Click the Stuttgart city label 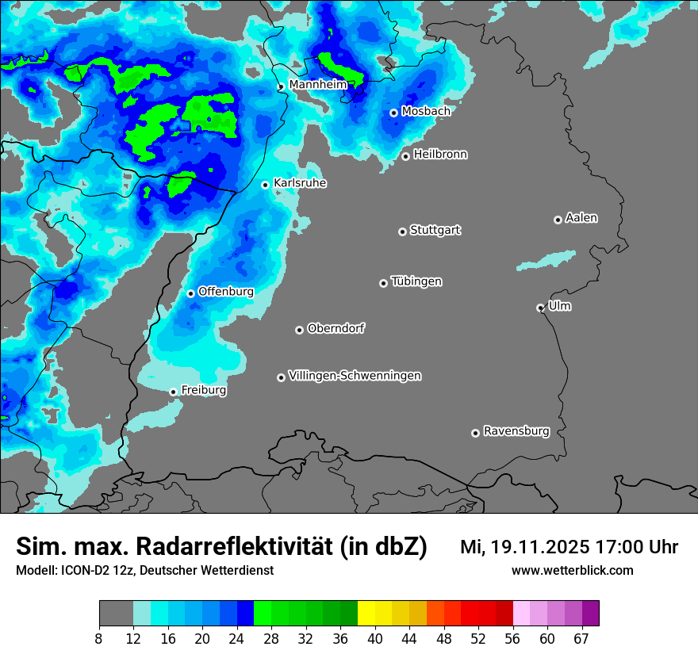(x=435, y=230)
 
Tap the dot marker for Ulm (x=540, y=308)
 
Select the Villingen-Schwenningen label (x=355, y=376)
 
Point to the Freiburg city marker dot (x=173, y=392)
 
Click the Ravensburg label (x=516, y=431)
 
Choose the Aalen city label (x=581, y=218)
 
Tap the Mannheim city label (x=318, y=84)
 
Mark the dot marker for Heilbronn (x=405, y=156)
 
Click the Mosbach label (x=426, y=111)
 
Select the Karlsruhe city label (x=300, y=183)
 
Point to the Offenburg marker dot (x=190, y=293)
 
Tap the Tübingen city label (x=416, y=281)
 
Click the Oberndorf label (x=336, y=328)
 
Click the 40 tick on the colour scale (x=375, y=638)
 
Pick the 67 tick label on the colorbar (x=581, y=638)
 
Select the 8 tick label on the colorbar (x=99, y=638)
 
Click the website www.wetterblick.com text (x=572, y=570)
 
